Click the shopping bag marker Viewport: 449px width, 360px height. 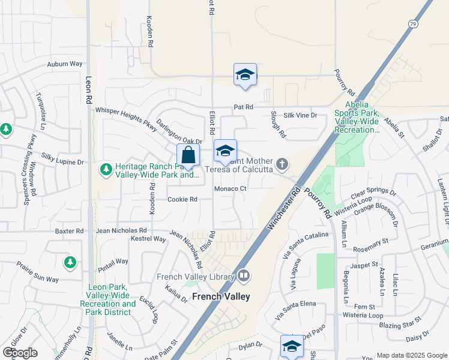188,155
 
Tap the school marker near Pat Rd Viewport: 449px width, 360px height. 245,74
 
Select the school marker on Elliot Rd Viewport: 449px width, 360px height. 225,151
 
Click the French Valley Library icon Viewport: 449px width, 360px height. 243,276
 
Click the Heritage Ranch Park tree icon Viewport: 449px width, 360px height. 106,170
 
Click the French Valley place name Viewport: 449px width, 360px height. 221,296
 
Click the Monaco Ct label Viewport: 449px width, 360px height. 231,188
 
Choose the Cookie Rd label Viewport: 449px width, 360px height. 182,199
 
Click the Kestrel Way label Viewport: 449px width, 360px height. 148,239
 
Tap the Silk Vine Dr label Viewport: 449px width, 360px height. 300,115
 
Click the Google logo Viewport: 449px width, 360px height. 20,352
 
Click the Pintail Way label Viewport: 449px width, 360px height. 113,261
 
